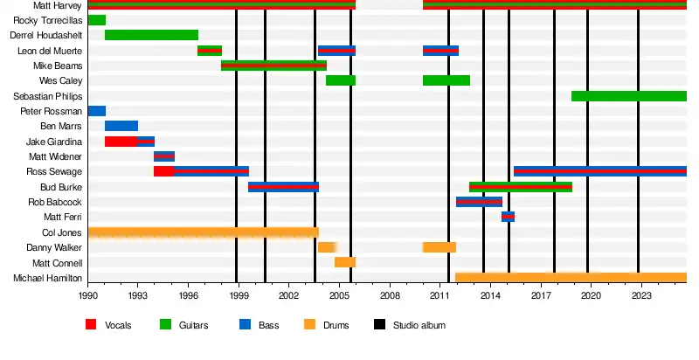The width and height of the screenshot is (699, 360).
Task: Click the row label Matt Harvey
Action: [59, 4]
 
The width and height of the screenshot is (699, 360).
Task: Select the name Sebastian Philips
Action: [48, 96]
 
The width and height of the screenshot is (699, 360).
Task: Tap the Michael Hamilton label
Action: [48, 278]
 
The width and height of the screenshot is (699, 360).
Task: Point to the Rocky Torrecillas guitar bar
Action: [96, 20]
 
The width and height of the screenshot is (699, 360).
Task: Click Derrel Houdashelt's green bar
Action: [151, 35]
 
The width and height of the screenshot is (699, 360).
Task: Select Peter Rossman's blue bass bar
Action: [96, 111]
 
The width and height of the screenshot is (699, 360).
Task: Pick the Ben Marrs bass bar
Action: [121, 126]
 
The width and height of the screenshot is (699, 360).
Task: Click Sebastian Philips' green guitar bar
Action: [629, 96]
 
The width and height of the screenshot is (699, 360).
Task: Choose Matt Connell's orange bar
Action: [345, 262]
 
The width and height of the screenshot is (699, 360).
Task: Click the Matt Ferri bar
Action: [508, 217]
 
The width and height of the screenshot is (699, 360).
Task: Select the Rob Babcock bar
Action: [479, 202]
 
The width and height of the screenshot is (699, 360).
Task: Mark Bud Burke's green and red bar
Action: [521, 187]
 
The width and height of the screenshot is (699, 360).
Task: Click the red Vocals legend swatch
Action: [90, 325]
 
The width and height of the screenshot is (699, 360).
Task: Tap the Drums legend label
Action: [336, 326]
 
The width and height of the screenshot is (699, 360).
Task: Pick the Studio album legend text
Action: [419, 326]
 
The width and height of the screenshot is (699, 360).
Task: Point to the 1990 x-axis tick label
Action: [88, 297]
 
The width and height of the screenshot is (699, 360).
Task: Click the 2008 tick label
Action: [390, 297]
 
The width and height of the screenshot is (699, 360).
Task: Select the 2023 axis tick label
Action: [640, 297]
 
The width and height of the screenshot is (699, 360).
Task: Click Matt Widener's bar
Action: [164, 156]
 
